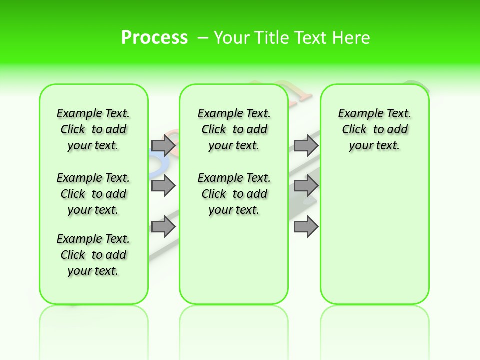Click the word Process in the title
154,38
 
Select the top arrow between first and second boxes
163,145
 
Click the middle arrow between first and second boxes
163,186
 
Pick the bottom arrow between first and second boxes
163,227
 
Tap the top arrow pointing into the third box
306,145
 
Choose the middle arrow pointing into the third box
306,186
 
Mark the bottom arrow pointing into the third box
306,227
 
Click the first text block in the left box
93,129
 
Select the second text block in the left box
93,194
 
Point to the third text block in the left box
93,255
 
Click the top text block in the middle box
234,129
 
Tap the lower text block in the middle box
234,194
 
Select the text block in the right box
374,129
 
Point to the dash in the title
203,38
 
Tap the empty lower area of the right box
374,240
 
